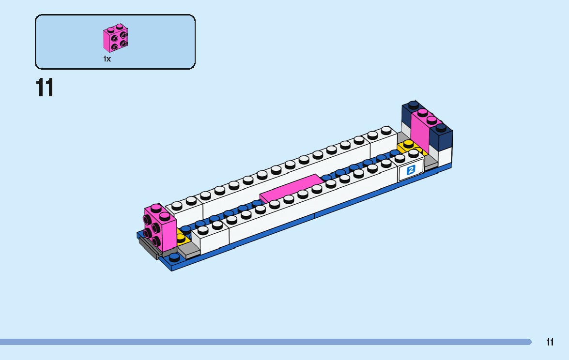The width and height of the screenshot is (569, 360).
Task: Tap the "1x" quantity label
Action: coord(107,59)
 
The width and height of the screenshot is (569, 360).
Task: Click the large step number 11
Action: coord(45,88)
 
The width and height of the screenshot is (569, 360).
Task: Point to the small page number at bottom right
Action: coord(550,342)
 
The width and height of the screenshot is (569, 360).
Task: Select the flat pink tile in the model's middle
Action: coord(291,188)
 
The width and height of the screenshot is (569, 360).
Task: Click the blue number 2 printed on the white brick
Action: coord(411,170)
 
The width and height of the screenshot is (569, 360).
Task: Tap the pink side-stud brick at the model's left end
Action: coord(160,229)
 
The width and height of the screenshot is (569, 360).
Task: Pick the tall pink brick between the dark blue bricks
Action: coord(420,133)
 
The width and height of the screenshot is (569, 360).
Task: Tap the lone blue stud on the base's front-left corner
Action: coord(174,257)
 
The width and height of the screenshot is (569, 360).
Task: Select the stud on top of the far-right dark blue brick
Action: coord(441,128)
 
